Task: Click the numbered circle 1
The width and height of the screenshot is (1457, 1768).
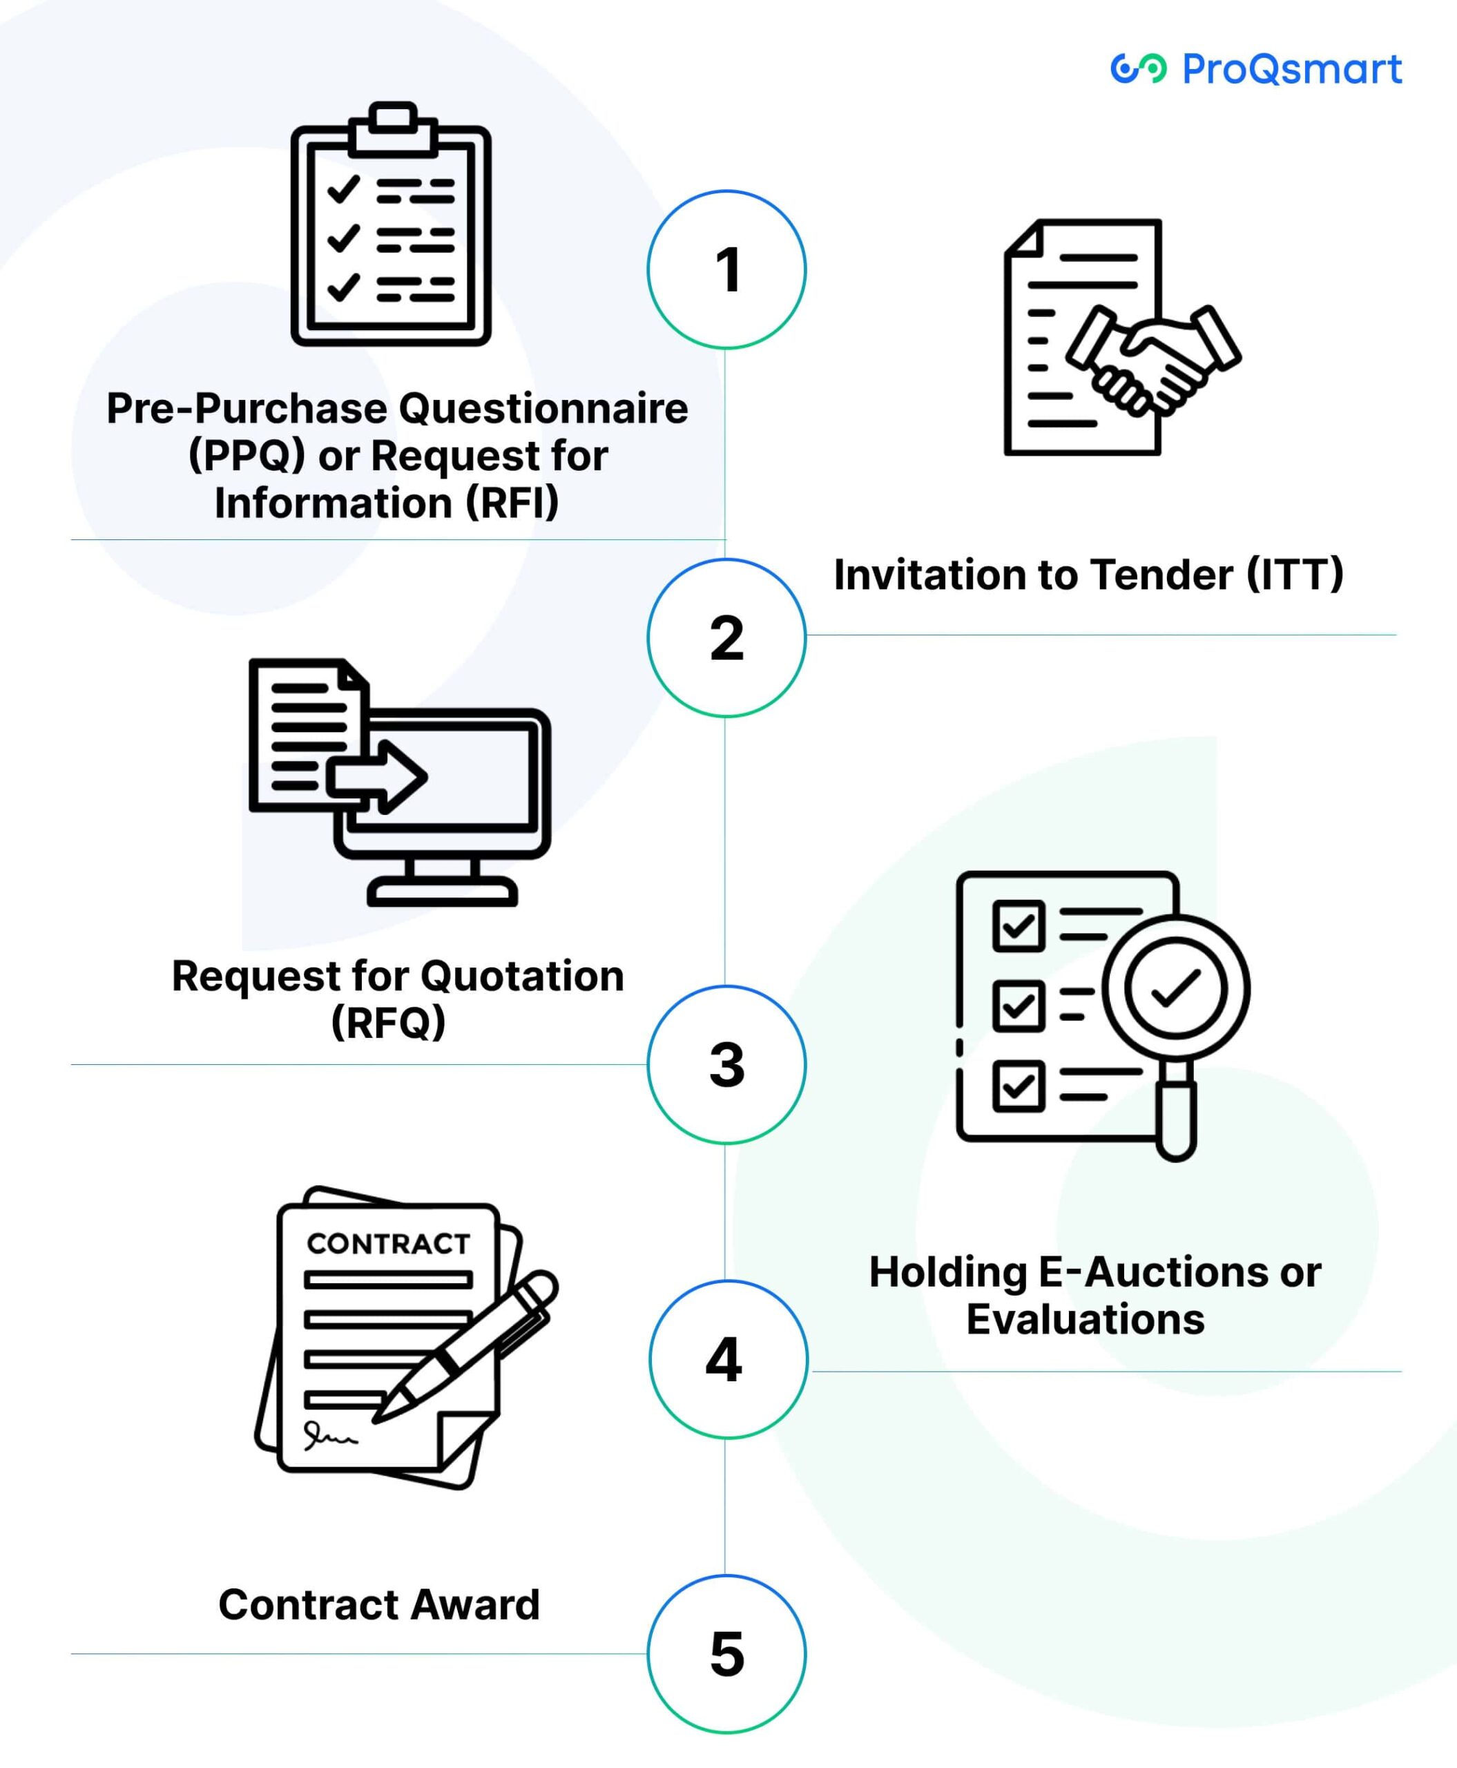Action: click(727, 269)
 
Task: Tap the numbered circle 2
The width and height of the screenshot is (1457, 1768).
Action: click(727, 638)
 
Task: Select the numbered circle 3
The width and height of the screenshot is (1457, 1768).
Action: click(727, 1064)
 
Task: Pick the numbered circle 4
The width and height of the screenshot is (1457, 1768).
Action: click(727, 1359)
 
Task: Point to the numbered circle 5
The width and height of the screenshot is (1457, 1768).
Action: click(727, 1654)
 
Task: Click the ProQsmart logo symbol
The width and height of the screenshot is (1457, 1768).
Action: click(1138, 69)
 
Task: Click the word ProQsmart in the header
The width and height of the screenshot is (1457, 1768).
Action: click(1292, 69)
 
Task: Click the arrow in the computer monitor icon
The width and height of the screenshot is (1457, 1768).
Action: click(378, 776)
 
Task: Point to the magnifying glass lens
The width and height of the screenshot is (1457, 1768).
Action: click(1176, 989)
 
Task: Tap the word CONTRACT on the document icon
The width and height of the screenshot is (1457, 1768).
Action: click(388, 1243)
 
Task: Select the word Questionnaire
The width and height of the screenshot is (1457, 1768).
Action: click(543, 409)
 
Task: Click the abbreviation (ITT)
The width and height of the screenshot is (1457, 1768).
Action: click(1295, 575)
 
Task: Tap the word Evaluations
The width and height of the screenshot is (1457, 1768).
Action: click(1085, 1319)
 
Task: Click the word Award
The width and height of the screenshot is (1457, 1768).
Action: click(474, 1604)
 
